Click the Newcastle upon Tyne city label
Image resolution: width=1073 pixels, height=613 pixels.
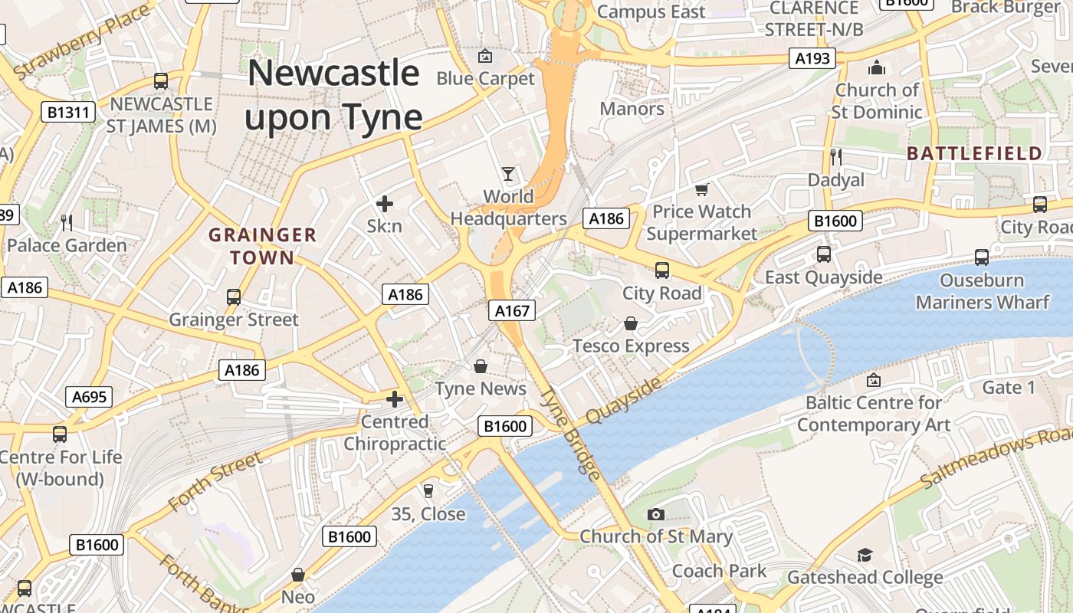333,95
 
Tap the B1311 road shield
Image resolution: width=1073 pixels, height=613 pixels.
68,113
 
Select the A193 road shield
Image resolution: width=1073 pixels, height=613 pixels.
812,58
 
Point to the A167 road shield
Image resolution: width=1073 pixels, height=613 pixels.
512,310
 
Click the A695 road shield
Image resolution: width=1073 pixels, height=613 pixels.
90,396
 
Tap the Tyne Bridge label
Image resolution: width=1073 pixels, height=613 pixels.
571,434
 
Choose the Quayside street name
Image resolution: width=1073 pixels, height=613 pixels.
623,400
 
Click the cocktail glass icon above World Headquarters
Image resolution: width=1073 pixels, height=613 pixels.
507,174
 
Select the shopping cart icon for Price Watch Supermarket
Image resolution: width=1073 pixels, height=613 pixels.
701,189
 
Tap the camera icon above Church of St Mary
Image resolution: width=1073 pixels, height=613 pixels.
655,514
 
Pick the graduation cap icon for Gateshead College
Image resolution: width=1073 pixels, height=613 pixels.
865,555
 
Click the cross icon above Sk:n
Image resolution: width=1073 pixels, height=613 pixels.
385,204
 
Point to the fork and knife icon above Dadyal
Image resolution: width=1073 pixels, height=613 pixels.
836,157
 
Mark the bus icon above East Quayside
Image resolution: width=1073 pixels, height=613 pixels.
824,254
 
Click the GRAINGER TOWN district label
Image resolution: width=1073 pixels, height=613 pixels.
262,246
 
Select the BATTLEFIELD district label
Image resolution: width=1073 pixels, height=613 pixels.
974,153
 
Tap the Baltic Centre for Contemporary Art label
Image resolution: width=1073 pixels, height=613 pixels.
873,414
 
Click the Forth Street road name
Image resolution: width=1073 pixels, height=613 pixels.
215,481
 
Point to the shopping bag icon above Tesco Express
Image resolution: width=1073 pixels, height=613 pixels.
631,323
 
